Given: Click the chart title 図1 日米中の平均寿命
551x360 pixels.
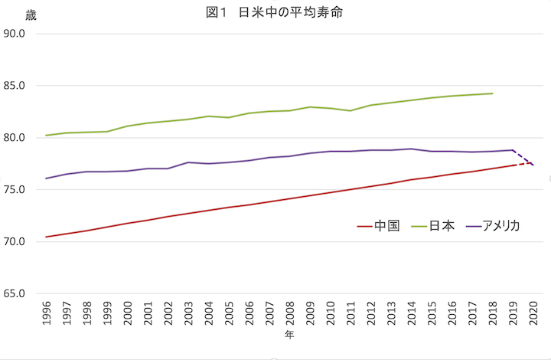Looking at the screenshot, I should [273, 13].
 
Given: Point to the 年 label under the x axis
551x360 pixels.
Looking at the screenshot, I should [289, 335].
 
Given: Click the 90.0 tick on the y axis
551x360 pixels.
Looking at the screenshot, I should [15, 34].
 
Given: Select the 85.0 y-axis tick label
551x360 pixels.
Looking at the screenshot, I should [15, 86].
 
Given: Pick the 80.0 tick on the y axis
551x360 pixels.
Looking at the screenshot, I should [15, 138].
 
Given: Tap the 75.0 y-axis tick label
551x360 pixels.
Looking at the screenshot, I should [15, 190].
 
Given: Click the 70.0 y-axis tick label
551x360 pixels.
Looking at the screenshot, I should [15, 242].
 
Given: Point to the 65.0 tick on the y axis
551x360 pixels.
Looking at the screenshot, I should [15, 294].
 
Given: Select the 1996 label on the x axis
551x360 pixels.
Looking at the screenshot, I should [47, 313].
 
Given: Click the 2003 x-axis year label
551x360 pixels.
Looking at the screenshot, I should [189, 313].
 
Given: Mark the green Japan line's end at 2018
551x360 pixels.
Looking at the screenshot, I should [492, 93].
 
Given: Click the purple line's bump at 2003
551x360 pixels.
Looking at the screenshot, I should [189, 162].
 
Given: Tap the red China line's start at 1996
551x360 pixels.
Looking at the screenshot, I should [47, 237].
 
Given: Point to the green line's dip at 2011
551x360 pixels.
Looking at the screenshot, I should [350, 110].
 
